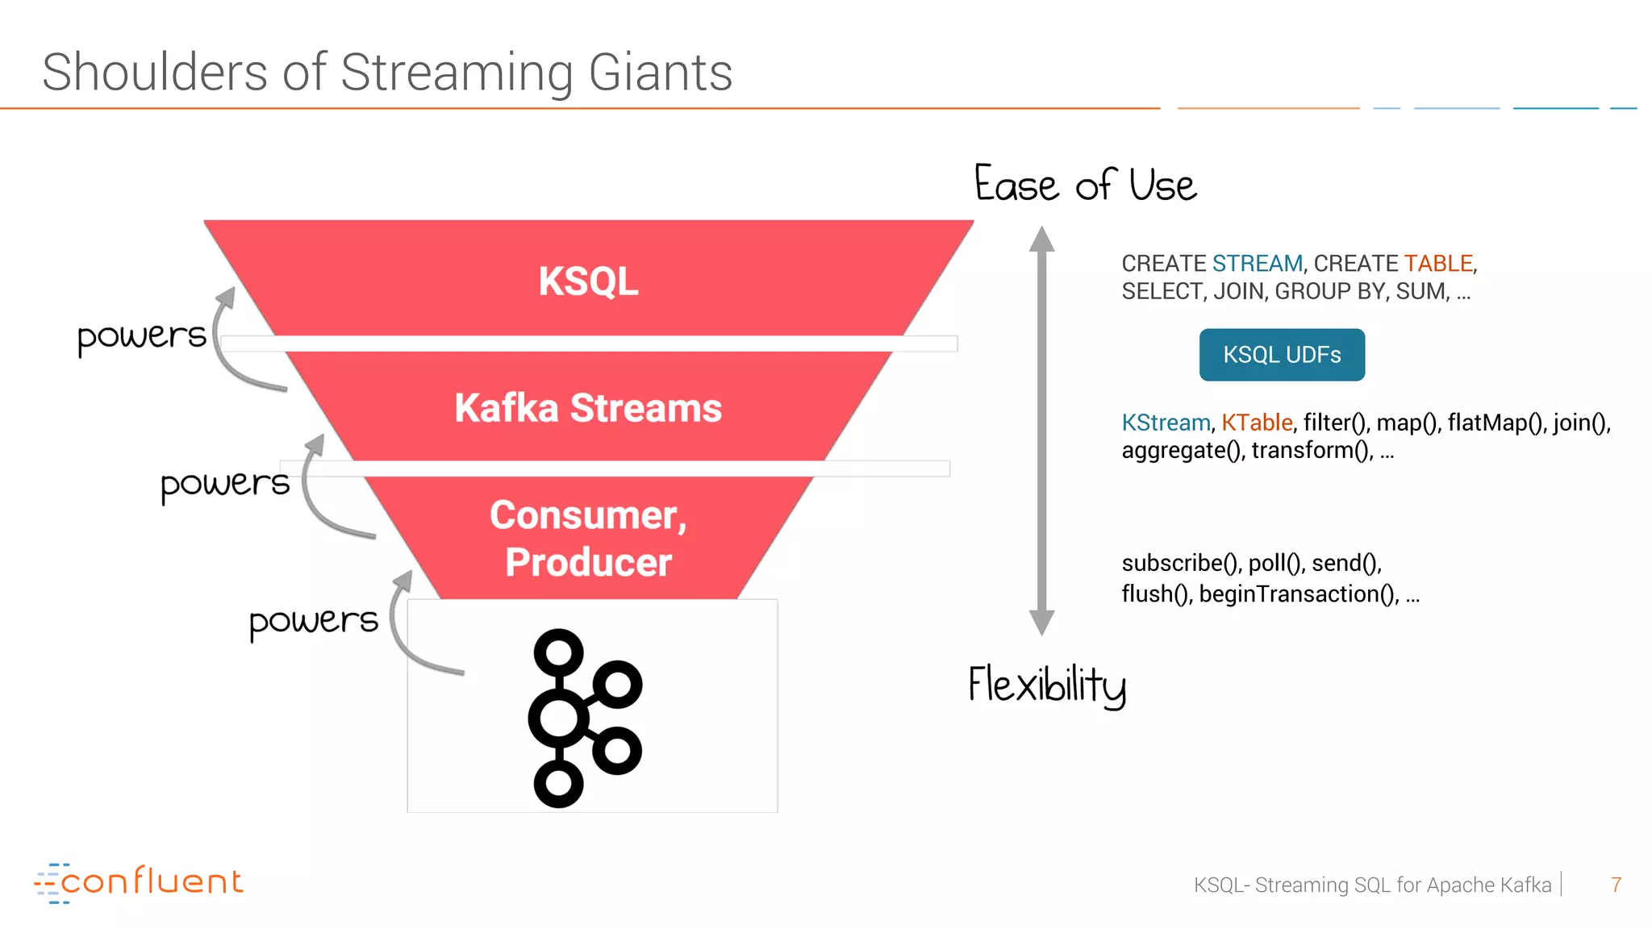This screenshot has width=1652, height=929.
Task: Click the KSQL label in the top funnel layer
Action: click(588, 281)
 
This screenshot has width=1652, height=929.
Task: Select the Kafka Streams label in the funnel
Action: click(588, 408)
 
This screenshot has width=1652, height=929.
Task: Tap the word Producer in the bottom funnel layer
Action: click(588, 562)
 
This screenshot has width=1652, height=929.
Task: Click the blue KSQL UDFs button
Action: click(1281, 355)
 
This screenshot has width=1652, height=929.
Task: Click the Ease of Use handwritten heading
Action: click(1085, 185)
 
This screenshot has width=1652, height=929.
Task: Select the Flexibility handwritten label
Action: click(1047, 685)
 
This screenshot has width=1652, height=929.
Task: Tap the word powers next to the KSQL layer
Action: click(142, 335)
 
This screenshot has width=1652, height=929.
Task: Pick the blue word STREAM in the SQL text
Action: click(1257, 264)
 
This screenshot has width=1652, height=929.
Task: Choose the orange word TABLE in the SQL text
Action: click(1438, 264)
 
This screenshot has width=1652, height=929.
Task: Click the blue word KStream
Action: click(1166, 423)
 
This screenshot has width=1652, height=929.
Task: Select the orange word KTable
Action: click(1256, 423)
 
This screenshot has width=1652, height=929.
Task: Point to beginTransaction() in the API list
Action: click(1299, 594)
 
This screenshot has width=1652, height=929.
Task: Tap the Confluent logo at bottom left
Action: click(139, 882)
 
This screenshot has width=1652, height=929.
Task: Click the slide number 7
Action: click(1616, 885)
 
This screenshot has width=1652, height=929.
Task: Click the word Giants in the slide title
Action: click(660, 73)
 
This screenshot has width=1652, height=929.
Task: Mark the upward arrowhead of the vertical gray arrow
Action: click(1041, 240)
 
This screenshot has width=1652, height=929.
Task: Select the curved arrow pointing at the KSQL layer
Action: click(234, 347)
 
